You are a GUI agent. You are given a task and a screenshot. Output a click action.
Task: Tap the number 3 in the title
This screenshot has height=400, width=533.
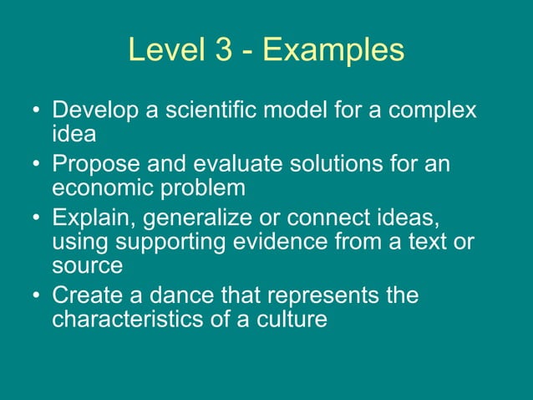(223, 50)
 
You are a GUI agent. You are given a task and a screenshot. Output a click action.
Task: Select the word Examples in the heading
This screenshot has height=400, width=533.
(333, 50)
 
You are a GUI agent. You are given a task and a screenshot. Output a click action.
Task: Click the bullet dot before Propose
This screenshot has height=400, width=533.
(36, 166)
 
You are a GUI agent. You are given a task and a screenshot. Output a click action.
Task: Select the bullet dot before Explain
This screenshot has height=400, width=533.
(36, 220)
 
